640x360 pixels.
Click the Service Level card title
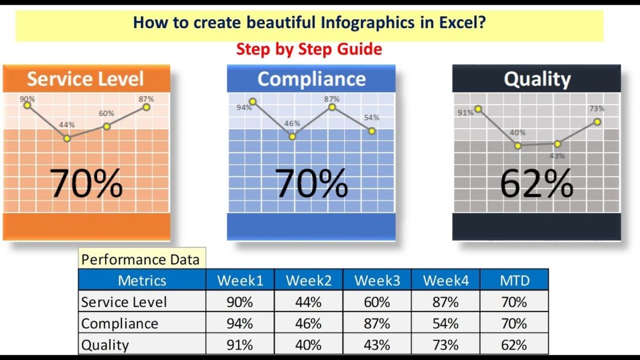pos(86,79)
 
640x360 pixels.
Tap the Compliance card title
pos(311,79)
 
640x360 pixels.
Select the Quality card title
pos(537,79)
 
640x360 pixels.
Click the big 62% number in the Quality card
pos(536,184)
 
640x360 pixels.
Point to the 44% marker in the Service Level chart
pos(67,138)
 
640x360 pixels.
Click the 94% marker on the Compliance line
pos(253,102)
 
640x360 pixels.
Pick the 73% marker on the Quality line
pos(597,122)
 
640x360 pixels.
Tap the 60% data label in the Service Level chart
pos(106,114)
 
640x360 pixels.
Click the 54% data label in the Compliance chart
pos(371,118)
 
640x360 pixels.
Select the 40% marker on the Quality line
pos(518,145)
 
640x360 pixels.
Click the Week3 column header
pos(376,280)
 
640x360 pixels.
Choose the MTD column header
pos(514,280)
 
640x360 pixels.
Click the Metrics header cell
pos(141,280)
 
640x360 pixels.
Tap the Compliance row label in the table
pos(120,323)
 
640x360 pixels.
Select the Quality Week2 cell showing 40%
pos(308,345)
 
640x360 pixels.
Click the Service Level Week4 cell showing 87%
pos(445,302)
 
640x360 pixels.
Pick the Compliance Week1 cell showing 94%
pos(240,323)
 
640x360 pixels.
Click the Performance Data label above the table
pos(140,260)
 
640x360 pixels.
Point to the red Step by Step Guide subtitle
pos(309,49)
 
